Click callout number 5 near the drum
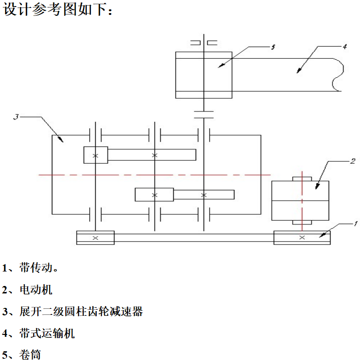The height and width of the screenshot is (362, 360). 273,47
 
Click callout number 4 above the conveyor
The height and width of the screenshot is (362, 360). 344,46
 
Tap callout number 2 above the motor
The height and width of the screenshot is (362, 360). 353,161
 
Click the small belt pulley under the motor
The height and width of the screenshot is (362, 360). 302,237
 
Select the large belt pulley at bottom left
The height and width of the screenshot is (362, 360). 95,237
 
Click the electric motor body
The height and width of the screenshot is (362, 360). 300,200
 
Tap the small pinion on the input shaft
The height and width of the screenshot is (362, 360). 95,155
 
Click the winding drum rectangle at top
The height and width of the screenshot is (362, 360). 204,75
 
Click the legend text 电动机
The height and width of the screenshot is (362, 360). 35,290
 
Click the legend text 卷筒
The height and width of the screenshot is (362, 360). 30,355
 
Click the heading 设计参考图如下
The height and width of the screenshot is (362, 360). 58,10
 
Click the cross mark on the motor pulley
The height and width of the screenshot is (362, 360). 302,237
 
